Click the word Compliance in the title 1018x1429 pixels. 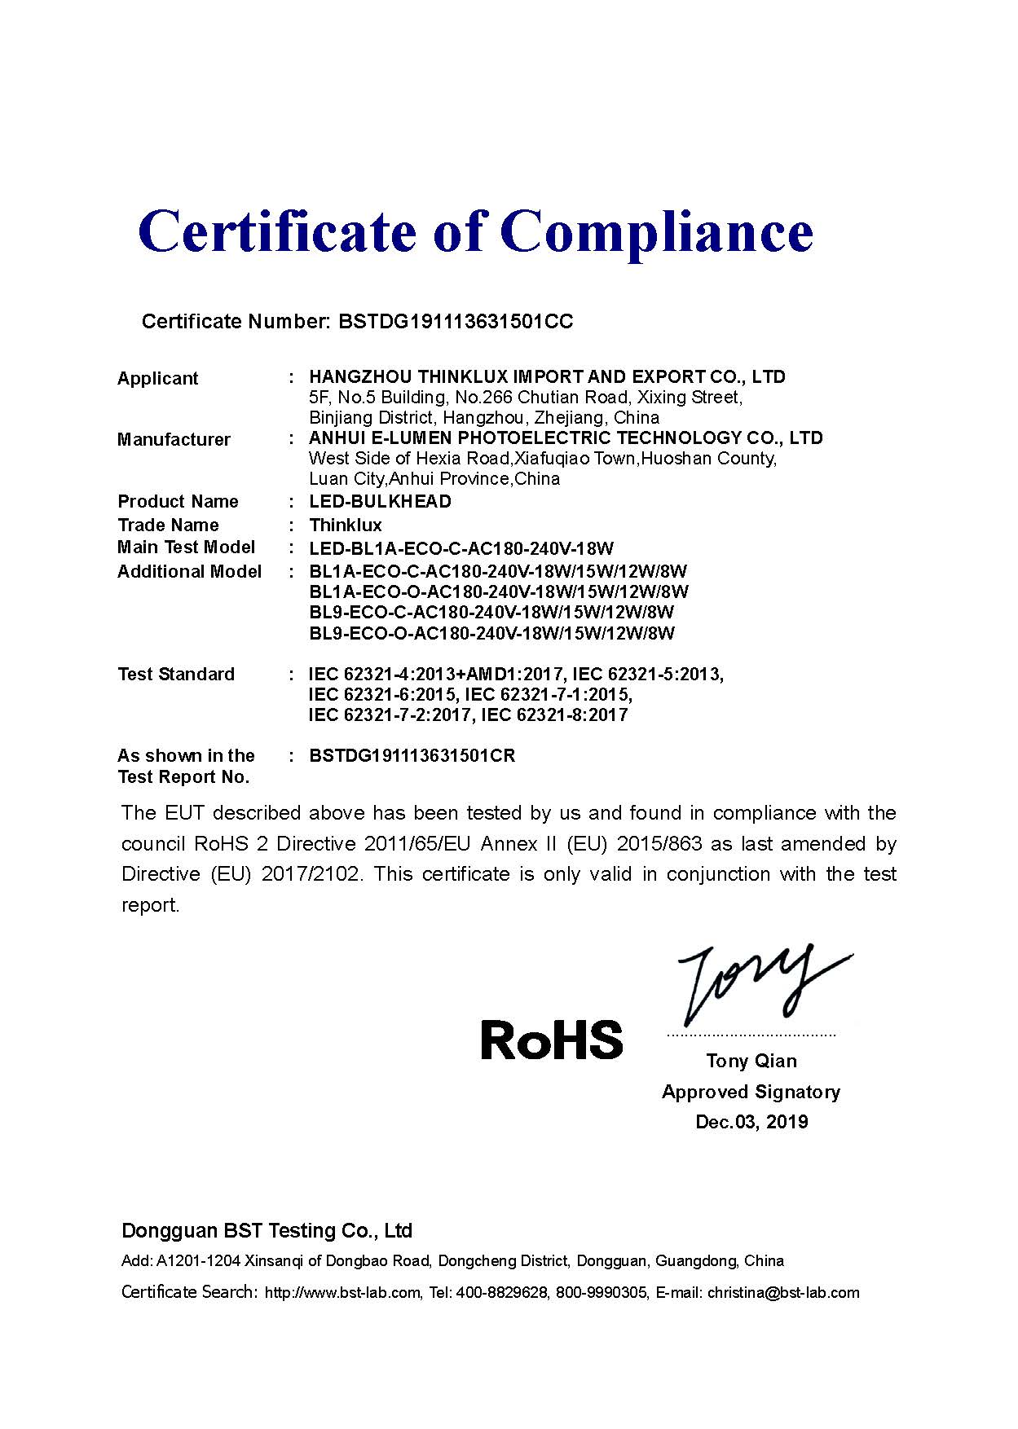tap(661, 232)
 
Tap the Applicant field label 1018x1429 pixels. tap(157, 378)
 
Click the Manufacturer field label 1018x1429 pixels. tap(174, 440)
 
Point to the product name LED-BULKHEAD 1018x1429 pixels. tap(380, 501)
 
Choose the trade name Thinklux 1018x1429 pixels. tap(346, 525)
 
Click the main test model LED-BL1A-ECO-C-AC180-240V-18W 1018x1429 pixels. tap(461, 548)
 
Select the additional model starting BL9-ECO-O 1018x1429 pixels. tap(492, 633)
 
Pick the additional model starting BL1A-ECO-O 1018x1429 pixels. tap(499, 591)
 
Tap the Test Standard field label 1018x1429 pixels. tap(176, 675)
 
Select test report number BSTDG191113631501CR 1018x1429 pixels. tap(412, 756)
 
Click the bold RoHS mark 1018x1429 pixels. tap(552, 1040)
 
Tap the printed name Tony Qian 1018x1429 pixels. tap(751, 1061)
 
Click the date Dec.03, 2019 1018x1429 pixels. tap(751, 1122)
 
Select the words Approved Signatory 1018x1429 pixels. tap(751, 1092)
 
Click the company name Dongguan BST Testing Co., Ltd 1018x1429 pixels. tap(267, 1230)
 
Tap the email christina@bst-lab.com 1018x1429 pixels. tap(783, 1293)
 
